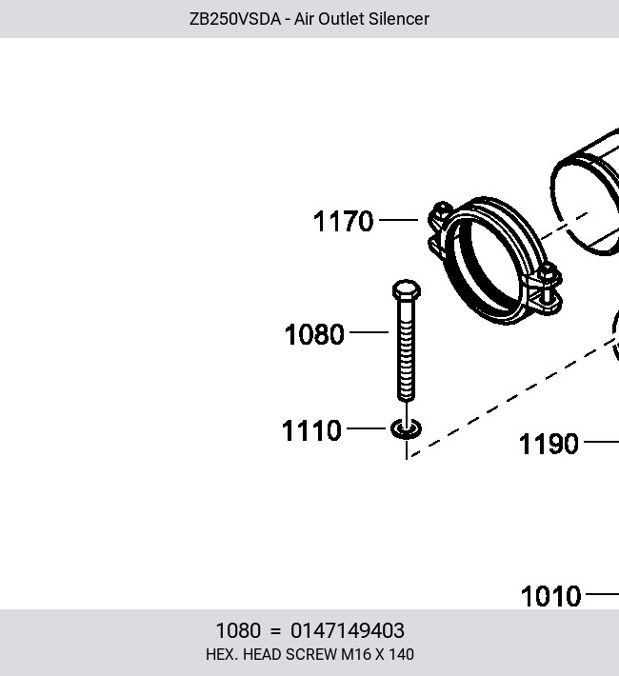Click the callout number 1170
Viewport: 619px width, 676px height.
tap(343, 221)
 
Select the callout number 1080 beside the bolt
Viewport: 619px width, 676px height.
tap(314, 334)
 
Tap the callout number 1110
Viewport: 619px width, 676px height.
tap(311, 430)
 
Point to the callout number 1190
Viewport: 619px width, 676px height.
tap(549, 444)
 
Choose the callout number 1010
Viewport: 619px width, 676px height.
tap(550, 596)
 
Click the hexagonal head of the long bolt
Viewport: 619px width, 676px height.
tap(407, 289)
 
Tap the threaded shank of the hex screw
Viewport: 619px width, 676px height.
tap(406, 350)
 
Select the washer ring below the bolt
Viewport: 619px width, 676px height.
tap(406, 429)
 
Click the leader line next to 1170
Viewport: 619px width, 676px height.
tap(398, 220)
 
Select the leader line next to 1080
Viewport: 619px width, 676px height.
tap(369, 332)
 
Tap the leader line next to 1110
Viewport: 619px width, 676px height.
tap(366, 428)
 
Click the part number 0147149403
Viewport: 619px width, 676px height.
tap(348, 630)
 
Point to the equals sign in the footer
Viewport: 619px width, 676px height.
tap(275, 631)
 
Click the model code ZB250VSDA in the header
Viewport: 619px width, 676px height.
tap(235, 19)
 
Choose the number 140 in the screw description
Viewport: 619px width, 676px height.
tap(401, 654)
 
